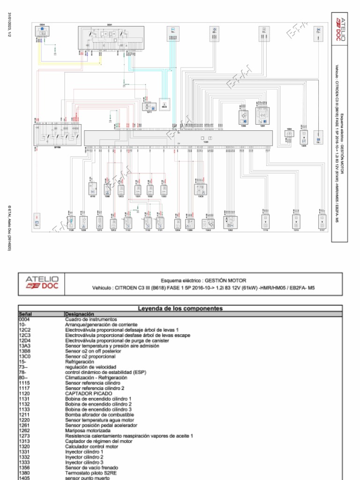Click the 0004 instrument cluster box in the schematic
click(x=42, y=32)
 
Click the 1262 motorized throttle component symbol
click(x=230, y=222)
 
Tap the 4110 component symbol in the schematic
click(x=92, y=189)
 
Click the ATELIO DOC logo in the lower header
click(x=42, y=283)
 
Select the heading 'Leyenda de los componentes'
click(x=180, y=308)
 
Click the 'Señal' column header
click(x=24, y=314)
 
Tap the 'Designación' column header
click(x=80, y=314)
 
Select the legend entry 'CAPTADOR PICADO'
click(x=89, y=394)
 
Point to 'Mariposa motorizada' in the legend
click(x=88, y=431)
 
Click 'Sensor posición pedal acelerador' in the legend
click(x=101, y=426)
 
